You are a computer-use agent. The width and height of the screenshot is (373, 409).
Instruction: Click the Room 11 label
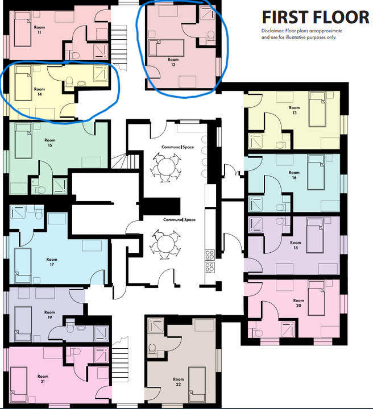[40, 30]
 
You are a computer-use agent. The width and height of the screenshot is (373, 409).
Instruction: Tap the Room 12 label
[173, 62]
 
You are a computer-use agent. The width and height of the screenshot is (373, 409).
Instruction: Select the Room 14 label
[39, 91]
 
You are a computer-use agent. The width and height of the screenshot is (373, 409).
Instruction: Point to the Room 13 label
[294, 110]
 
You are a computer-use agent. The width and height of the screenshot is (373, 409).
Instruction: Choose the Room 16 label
[294, 176]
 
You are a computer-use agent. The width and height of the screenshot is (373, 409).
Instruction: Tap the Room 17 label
[52, 262]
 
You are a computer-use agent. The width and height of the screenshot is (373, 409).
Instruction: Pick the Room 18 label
[295, 245]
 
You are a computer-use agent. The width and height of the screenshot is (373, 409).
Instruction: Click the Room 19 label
[50, 314]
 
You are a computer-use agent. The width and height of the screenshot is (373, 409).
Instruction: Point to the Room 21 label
[43, 379]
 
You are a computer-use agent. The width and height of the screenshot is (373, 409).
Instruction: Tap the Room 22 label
[179, 382]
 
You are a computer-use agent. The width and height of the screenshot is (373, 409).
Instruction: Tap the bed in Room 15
[23, 141]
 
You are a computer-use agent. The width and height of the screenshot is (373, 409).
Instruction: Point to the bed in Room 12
[165, 47]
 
